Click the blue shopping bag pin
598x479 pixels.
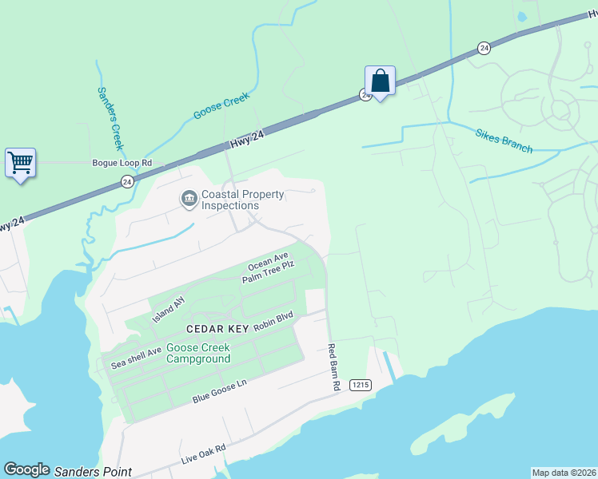[x=380, y=81]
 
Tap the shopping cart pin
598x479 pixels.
[x=20, y=163]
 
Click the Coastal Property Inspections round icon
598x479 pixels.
[x=189, y=198]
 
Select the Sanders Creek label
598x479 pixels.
[x=110, y=118]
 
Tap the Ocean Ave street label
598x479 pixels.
[x=267, y=262]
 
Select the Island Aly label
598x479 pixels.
[x=169, y=304]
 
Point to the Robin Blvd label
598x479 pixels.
[x=274, y=322]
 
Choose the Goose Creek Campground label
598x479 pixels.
[x=198, y=353]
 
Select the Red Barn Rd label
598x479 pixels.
[x=333, y=367]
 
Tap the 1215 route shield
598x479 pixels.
[x=361, y=385]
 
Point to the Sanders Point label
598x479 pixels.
[x=93, y=472]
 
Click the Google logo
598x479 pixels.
[x=26, y=470]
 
